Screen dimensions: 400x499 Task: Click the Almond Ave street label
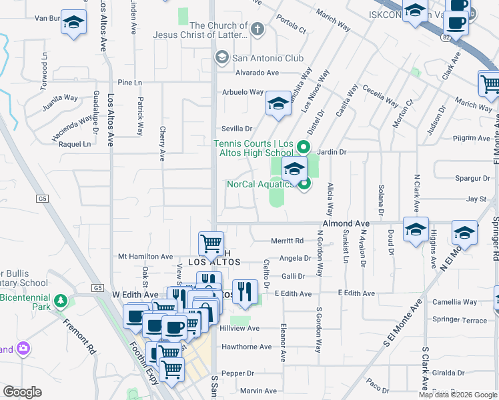[x=346, y=223]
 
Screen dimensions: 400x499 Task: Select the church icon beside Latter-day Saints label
[x=257, y=29]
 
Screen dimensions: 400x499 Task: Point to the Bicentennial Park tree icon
[x=61, y=301]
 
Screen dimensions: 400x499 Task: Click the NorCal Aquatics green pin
[x=305, y=185]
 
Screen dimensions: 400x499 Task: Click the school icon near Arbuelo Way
[x=278, y=103]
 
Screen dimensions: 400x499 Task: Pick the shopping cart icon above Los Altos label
[x=211, y=243]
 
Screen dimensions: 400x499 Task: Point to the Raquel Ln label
[x=75, y=143]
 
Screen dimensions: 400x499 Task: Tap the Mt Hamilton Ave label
[x=145, y=256]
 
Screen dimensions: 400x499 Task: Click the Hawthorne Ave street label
[x=247, y=347]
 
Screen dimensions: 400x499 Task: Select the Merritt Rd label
[x=287, y=241]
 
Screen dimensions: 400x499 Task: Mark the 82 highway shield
[x=445, y=39]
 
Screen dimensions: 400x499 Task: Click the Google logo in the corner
[x=22, y=392]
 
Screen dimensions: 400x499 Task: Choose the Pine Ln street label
[x=129, y=83]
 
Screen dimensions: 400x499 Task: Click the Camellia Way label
[x=455, y=301]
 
